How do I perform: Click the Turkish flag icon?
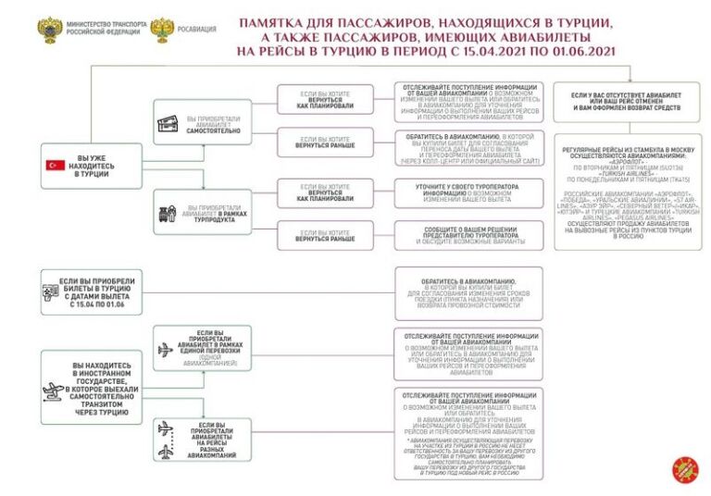click(54, 165)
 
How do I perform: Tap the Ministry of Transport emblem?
click(48, 29)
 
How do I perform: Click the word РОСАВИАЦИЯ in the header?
click(198, 29)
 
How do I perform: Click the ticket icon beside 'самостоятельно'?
click(168, 124)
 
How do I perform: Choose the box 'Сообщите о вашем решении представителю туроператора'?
click(468, 235)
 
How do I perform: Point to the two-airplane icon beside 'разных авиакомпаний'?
click(166, 440)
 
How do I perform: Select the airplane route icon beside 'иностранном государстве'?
click(56, 389)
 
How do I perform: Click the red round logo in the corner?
click(684, 468)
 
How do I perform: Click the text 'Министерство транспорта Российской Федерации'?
click(104, 29)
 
